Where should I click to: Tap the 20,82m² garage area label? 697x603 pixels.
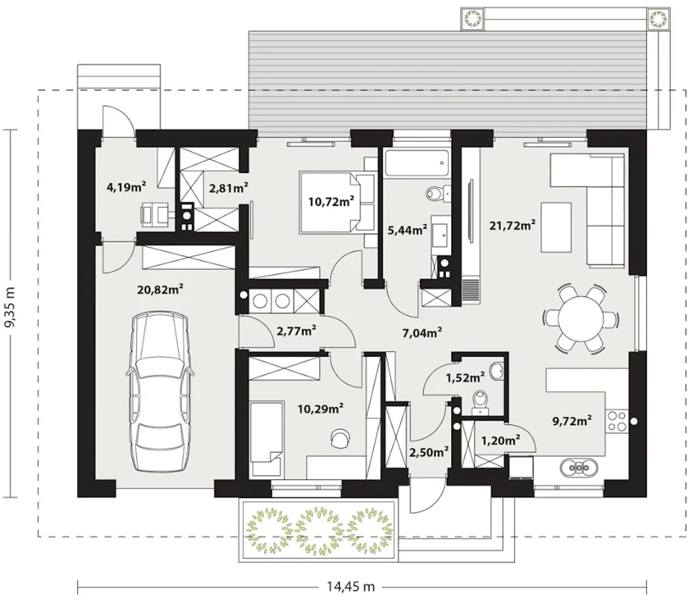click(x=160, y=289)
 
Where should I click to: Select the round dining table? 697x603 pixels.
click(x=580, y=318)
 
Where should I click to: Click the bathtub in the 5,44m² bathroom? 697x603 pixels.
click(x=417, y=163)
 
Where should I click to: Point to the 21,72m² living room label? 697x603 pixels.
click(x=512, y=225)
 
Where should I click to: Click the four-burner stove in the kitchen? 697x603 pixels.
click(x=617, y=421)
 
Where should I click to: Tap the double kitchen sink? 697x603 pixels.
click(x=579, y=467)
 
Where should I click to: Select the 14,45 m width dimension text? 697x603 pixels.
click(x=351, y=587)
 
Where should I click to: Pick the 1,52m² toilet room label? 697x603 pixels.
click(x=466, y=378)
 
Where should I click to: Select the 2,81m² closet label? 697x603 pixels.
click(x=229, y=188)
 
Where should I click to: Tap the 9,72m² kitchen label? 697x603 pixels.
click(x=572, y=420)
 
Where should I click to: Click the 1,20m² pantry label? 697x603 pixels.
click(x=500, y=440)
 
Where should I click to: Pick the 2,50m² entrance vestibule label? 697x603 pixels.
click(x=429, y=452)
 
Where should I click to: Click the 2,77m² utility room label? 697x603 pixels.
click(x=296, y=331)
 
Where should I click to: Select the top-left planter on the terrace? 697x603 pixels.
click(x=473, y=19)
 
